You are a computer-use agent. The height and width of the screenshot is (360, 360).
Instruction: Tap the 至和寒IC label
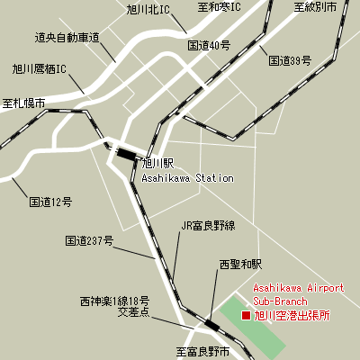220,7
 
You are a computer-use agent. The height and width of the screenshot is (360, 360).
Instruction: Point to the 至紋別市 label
315,7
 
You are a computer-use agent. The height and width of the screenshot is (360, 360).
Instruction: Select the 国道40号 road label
209,44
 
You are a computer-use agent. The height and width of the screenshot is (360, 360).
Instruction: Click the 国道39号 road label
289,61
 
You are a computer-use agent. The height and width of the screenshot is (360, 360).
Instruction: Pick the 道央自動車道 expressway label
67,38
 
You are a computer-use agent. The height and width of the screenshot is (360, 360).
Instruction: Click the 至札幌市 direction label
24,103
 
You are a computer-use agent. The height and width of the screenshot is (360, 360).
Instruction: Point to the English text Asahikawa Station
187,178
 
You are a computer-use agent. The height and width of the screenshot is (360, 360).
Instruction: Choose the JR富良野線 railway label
208,225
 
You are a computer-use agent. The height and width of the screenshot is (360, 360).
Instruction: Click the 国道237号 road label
89,241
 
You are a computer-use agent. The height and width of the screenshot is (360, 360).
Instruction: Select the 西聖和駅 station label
240,265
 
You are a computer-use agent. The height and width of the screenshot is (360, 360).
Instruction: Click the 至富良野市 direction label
202,351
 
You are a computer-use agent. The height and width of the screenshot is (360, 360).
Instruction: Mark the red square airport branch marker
246,316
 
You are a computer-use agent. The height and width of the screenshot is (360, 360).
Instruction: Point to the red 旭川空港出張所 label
292,316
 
